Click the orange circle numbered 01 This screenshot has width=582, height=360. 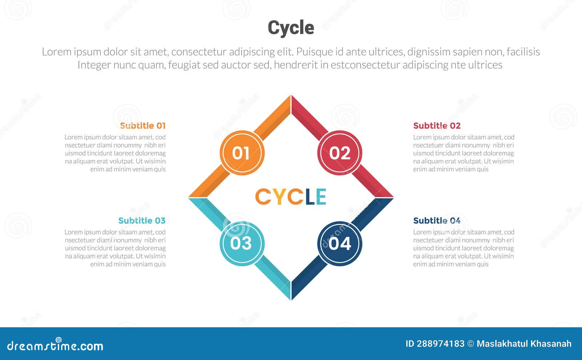(242, 153)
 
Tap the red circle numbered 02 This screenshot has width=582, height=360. (340, 153)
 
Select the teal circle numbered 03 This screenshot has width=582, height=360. (242, 244)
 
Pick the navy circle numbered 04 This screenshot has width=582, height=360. (340, 244)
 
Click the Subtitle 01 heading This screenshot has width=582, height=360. (143, 126)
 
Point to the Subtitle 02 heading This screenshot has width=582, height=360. (437, 126)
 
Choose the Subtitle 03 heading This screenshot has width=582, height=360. (142, 221)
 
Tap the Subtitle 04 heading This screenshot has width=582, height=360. (437, 221)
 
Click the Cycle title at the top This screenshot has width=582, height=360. (291, 28)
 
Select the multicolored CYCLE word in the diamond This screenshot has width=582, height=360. (291, 197)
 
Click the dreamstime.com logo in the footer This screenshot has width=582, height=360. (55, 346)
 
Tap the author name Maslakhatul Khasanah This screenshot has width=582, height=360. (524, 344)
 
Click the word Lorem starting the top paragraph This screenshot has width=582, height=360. (56, 52)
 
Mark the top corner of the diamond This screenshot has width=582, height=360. (291, 97)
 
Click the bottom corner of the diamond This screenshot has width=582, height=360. (291, 299)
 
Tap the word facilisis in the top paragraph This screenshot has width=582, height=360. (523, 52)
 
